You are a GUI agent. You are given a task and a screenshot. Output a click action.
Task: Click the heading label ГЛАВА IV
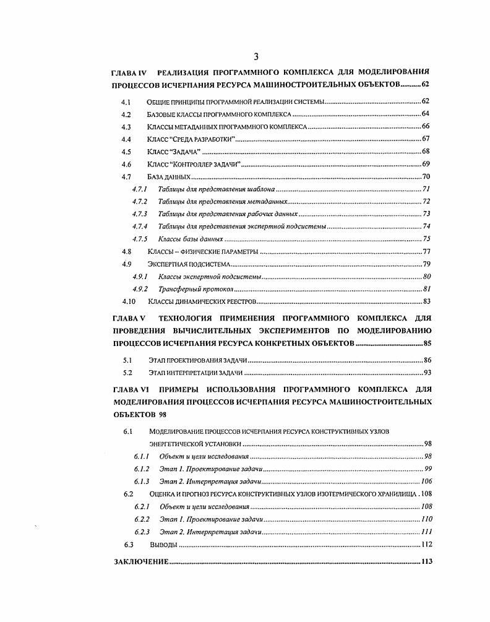pos(130,72)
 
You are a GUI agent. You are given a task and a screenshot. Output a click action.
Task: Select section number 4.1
pos(126,101)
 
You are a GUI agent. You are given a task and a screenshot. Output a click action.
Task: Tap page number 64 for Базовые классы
pos(426,114)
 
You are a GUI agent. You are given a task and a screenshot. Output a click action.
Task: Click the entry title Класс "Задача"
pos(174,152)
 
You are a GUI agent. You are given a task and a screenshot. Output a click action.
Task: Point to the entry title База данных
pos(168,177)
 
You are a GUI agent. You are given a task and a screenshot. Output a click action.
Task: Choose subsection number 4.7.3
pos(139,214)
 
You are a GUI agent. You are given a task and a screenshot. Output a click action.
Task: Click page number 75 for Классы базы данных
pos(426,239)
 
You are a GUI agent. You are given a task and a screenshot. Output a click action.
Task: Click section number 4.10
pos(128,301)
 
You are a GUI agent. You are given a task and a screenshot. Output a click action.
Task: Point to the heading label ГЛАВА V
pos(129,318)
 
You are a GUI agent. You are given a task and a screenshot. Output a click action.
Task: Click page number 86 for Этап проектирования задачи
pos(426,360)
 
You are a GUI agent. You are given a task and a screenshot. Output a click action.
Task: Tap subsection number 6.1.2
pos(142,469)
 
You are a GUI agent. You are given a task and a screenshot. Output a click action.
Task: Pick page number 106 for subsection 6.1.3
pos(426,482)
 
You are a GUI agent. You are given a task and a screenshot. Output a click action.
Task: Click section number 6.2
pos(129,494)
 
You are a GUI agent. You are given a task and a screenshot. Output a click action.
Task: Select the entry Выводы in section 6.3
pos(163,545)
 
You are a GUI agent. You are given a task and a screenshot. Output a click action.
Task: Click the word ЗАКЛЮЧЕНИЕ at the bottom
pos(140,561)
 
